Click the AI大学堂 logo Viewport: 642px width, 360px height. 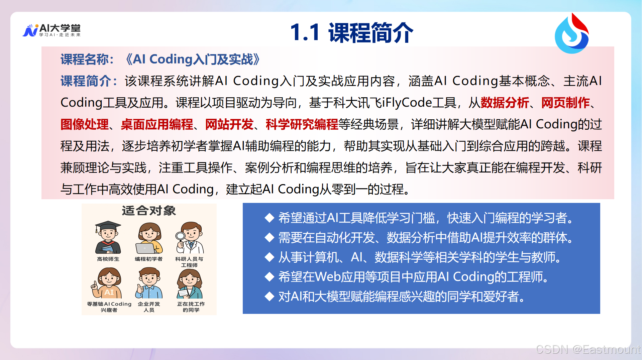[x=52, y=30]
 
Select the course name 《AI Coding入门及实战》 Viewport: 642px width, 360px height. [x=193, y=59]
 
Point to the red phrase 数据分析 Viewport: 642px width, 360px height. [x=505, y=103]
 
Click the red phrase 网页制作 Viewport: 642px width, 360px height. [x=565, y=103]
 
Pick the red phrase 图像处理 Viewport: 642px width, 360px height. [x=85, y=124]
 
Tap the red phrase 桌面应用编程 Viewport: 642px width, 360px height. [x=157, y=124]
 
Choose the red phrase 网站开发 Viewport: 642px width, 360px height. [x=229, y=124]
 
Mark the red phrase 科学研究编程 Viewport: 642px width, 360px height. [x=302, y=124]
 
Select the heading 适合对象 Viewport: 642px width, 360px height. [x=149, y=211]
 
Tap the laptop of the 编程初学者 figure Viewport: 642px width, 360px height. [x=145, y=248]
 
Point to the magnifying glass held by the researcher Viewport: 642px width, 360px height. [x=180, y=237]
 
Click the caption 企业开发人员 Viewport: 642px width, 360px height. [x=149, y=307]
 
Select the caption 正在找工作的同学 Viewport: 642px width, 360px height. [x=191, y=307]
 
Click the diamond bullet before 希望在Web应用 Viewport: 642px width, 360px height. [x=269, y=277]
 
